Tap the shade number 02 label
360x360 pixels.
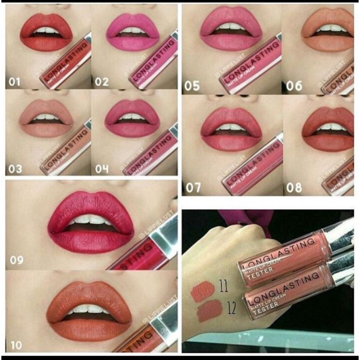point(102,82)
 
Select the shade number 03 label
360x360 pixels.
point(15,170)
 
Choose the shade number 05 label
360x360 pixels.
point(192,86)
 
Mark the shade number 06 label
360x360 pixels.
point(294,86)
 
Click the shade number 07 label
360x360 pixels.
point(192,187)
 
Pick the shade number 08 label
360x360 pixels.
point(294,187)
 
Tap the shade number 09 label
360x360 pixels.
point(17,261)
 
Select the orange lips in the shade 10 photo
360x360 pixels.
point(91,309)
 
